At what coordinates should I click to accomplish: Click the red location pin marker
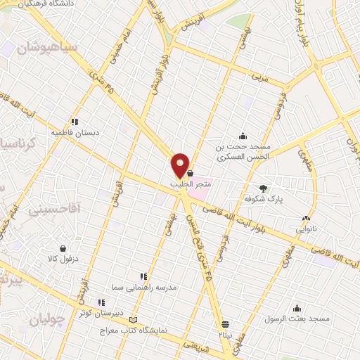181,165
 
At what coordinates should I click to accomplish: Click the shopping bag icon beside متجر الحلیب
191,172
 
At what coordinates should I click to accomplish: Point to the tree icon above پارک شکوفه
264,188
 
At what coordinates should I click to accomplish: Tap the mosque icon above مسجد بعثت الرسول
297,308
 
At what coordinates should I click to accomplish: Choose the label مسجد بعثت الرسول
302,319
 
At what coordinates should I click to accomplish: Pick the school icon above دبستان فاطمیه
75,121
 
